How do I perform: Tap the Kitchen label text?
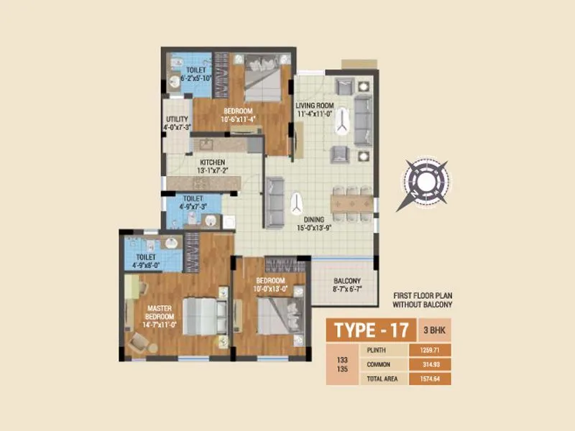pos(213,162)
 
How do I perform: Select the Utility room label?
pos(177,119)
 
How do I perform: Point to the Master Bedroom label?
pos(159,310)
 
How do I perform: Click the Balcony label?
pos(346,282)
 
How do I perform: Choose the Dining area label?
pos(313,220)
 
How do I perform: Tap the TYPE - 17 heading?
pos(371,331)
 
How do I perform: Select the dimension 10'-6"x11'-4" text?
pos(237,119)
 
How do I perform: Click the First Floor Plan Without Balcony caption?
pos(426,300)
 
